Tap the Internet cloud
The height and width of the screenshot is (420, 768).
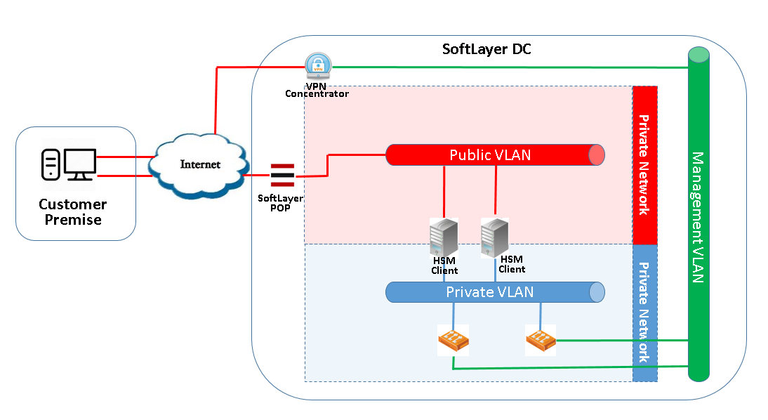(200, 165)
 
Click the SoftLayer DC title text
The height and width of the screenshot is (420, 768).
(486, 49)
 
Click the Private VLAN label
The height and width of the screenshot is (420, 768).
(489, 291)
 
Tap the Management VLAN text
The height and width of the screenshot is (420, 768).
(698, 217)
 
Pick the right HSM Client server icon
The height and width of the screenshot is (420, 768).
(494, 236)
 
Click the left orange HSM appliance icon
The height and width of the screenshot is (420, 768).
(453, 341)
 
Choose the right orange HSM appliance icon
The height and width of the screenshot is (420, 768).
(541, 340)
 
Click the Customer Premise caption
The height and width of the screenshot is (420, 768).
(72, 211)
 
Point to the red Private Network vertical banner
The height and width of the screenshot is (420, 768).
(644, 165)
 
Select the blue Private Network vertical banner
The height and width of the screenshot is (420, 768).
(644, 313)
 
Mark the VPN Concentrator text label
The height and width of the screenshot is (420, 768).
(317, 89)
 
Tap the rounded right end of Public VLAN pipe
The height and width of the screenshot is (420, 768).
(596, 155)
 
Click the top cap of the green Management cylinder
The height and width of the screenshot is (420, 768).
(699, 54)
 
